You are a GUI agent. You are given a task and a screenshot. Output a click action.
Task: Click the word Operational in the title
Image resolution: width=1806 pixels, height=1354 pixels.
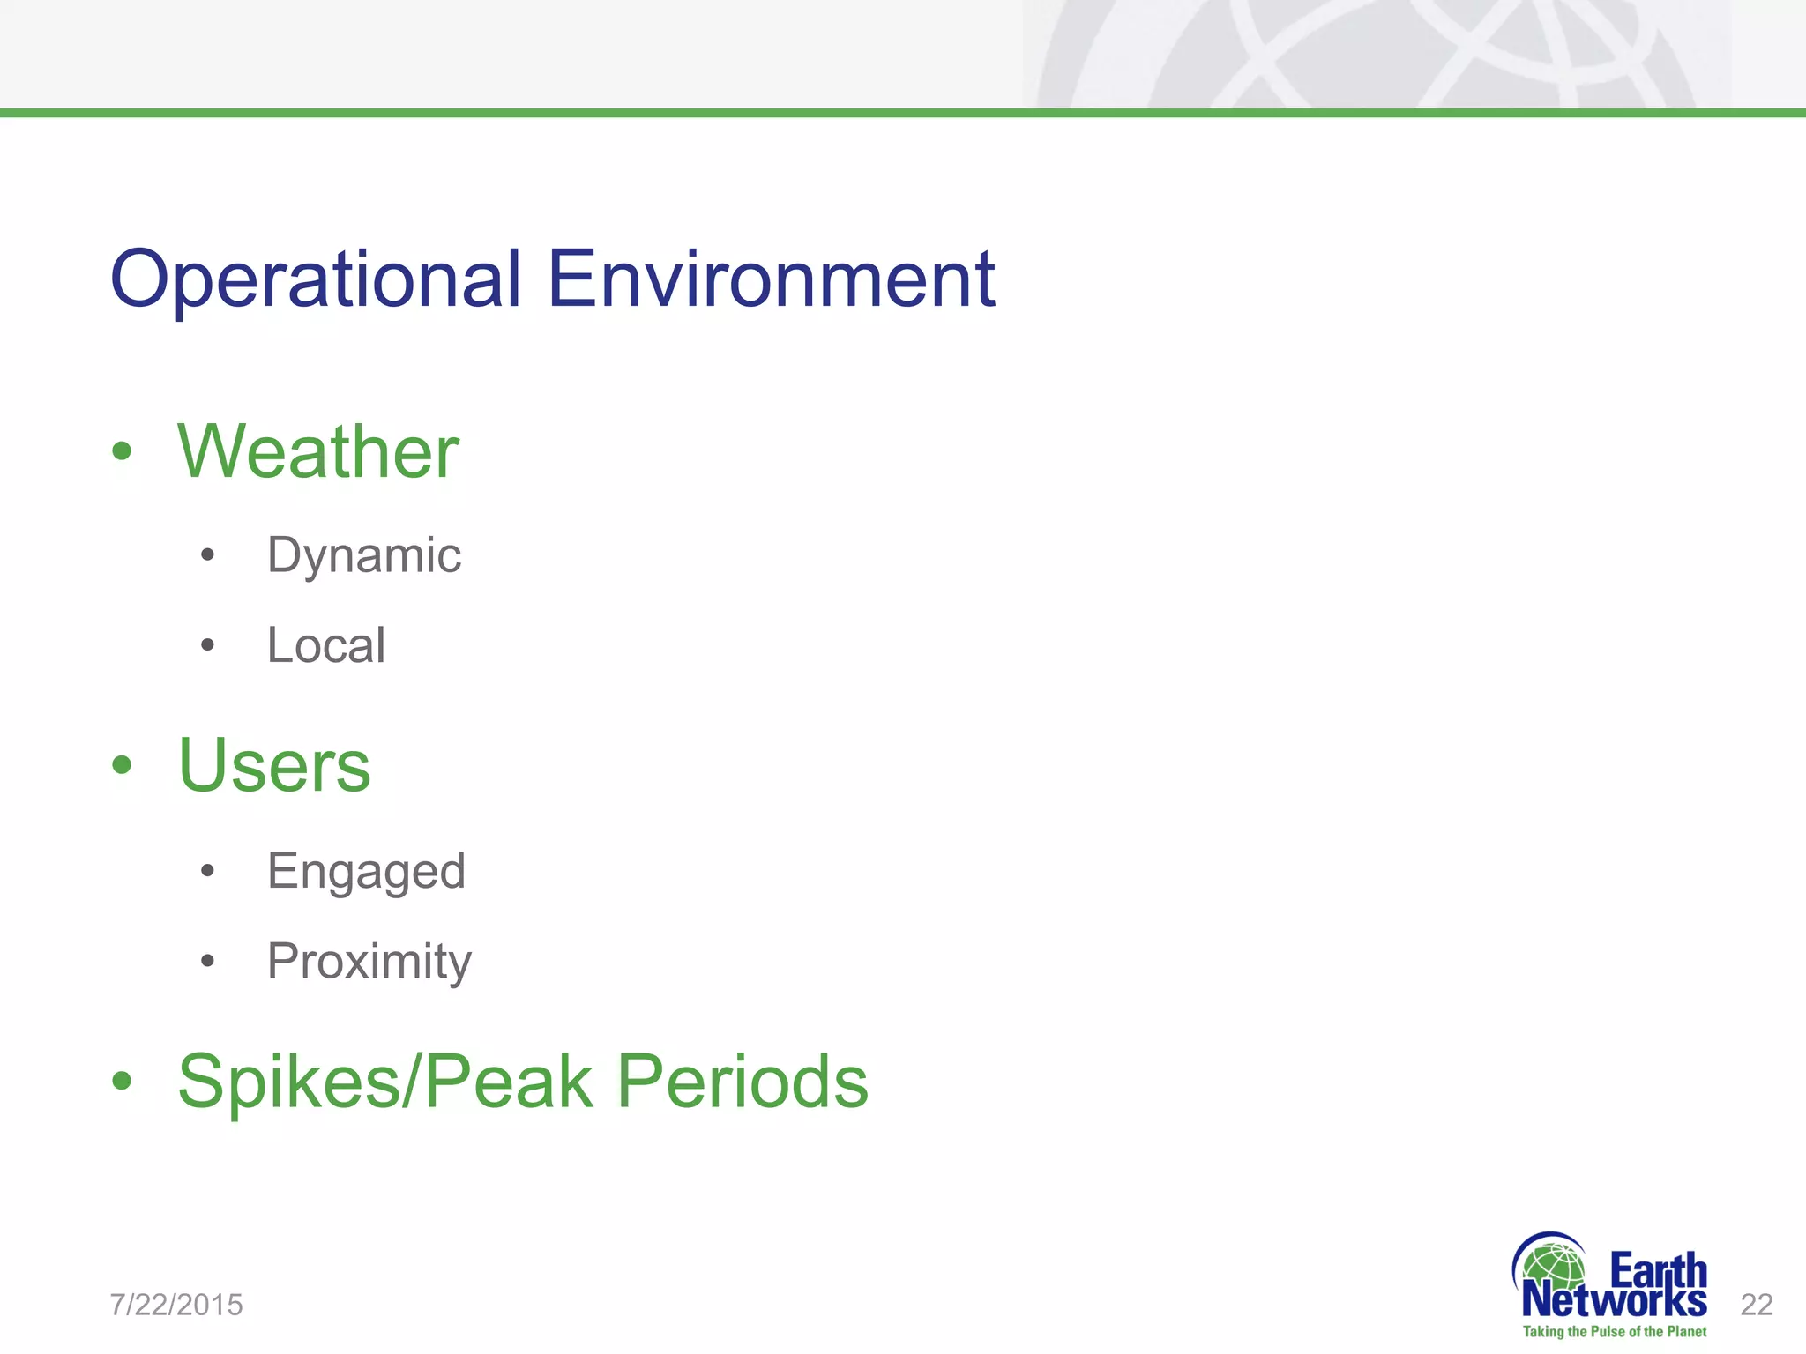click(x=315, y=280)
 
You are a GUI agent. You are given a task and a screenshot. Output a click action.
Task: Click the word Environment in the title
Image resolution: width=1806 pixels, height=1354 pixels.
click(x=771, y=280)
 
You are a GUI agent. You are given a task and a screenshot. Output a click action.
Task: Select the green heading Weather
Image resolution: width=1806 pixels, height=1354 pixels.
click(x=317, y=451)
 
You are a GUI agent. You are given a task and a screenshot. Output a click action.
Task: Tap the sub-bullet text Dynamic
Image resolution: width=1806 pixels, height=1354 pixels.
click(x=364, y=556)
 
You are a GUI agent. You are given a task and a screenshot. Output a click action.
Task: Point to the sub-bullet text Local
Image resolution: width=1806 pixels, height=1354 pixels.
click(x=326, y=645)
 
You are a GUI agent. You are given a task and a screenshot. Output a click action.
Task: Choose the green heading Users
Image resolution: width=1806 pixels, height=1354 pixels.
click(x=274, y=765)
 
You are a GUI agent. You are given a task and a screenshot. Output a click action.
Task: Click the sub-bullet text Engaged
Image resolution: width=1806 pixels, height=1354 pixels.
click(x=366, y=872)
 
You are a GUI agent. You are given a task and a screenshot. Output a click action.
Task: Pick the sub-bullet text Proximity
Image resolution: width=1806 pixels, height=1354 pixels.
click(x=369, y=961)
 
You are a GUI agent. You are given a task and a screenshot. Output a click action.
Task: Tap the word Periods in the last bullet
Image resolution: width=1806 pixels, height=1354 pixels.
click(x=742, y=1082)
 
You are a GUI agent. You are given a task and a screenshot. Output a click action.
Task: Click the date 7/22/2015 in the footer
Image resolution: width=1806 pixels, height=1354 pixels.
click(x=176, y=1305)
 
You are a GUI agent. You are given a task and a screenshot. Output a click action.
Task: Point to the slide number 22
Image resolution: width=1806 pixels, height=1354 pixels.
click(x=1757, y=1305)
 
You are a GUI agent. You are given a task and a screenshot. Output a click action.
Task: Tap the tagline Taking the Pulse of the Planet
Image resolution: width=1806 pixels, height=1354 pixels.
click(x=1614, y=1332)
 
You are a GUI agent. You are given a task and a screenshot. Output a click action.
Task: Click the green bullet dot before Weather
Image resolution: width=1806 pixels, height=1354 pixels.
click(x=122, y=452)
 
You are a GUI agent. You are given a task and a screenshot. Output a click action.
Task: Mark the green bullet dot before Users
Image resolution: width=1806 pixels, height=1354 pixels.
click(x=122, y=766)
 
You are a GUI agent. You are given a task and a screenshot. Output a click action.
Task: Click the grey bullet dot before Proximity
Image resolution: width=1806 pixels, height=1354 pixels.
click(x=207, y=961)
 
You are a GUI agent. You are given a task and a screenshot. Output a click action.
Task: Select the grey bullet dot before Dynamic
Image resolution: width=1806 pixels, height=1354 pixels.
click(x=207, y=555)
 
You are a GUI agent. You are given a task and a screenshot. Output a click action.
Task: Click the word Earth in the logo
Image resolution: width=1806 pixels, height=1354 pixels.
click(x=1658, y=1271)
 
